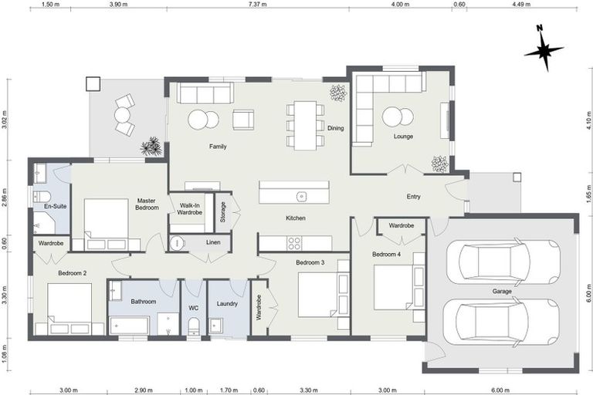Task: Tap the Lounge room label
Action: [x=403, y=137]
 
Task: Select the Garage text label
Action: [x=503, y=292]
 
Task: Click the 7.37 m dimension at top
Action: [x=258, y=5]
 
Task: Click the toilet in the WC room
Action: [x=193, y=326]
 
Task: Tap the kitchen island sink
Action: [x=303, y=195]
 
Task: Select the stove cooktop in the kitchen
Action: [x=294, y=243]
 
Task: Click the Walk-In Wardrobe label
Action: [x=190, y=208]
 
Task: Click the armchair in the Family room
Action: [x=243, y=120]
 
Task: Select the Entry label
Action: [x=414, y=197]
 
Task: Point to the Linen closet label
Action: [x=213, y=242]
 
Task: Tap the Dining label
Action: [x=335, y=128]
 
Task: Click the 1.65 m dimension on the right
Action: [x=587, y=193]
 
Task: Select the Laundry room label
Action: [x=226, y=303]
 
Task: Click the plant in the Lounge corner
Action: [x=439, y=164]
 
